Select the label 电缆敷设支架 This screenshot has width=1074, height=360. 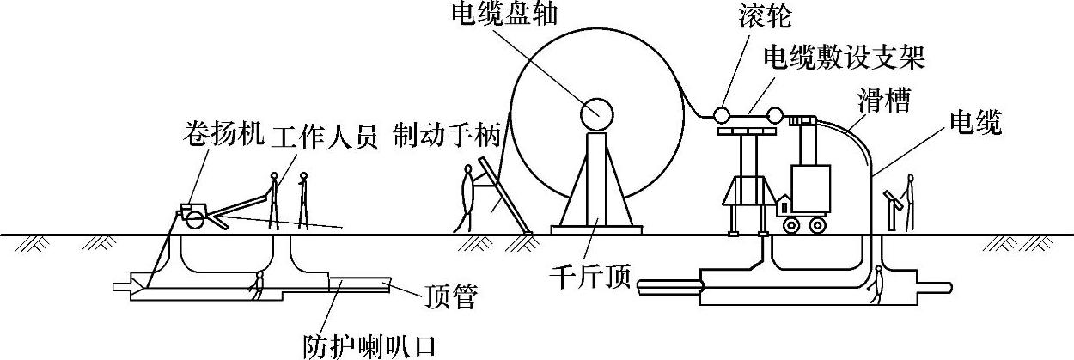pyautogui.click(x=848, y=58)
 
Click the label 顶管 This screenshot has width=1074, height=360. pyautogui.click(x=450, y=297)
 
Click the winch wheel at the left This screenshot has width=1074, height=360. pyautogui.click(x=195, y=219)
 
